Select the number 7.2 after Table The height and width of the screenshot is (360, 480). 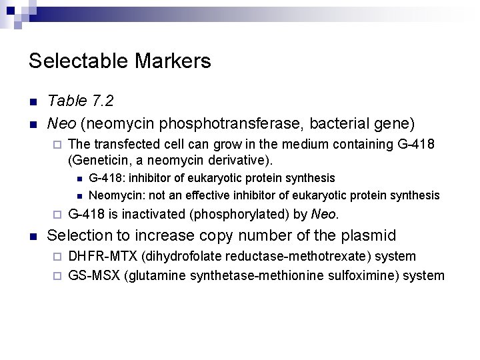click(100, 101)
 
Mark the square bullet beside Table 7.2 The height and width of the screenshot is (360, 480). click(33, 102)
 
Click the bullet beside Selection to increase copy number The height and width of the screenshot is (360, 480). click(33, 236)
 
